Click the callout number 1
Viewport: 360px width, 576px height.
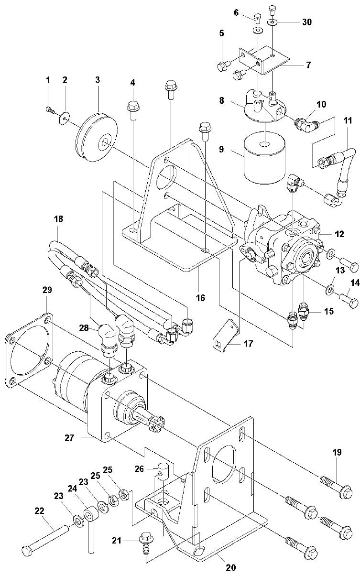pyautogui.click(x=48, y=80)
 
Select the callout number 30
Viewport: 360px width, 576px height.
pyautogui.click(x=306, y=22)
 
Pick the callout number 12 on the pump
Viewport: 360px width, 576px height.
pyautogui.click(x=339, y=234)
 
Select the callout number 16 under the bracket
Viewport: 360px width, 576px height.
pyautogui.click(x=200, y=298)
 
